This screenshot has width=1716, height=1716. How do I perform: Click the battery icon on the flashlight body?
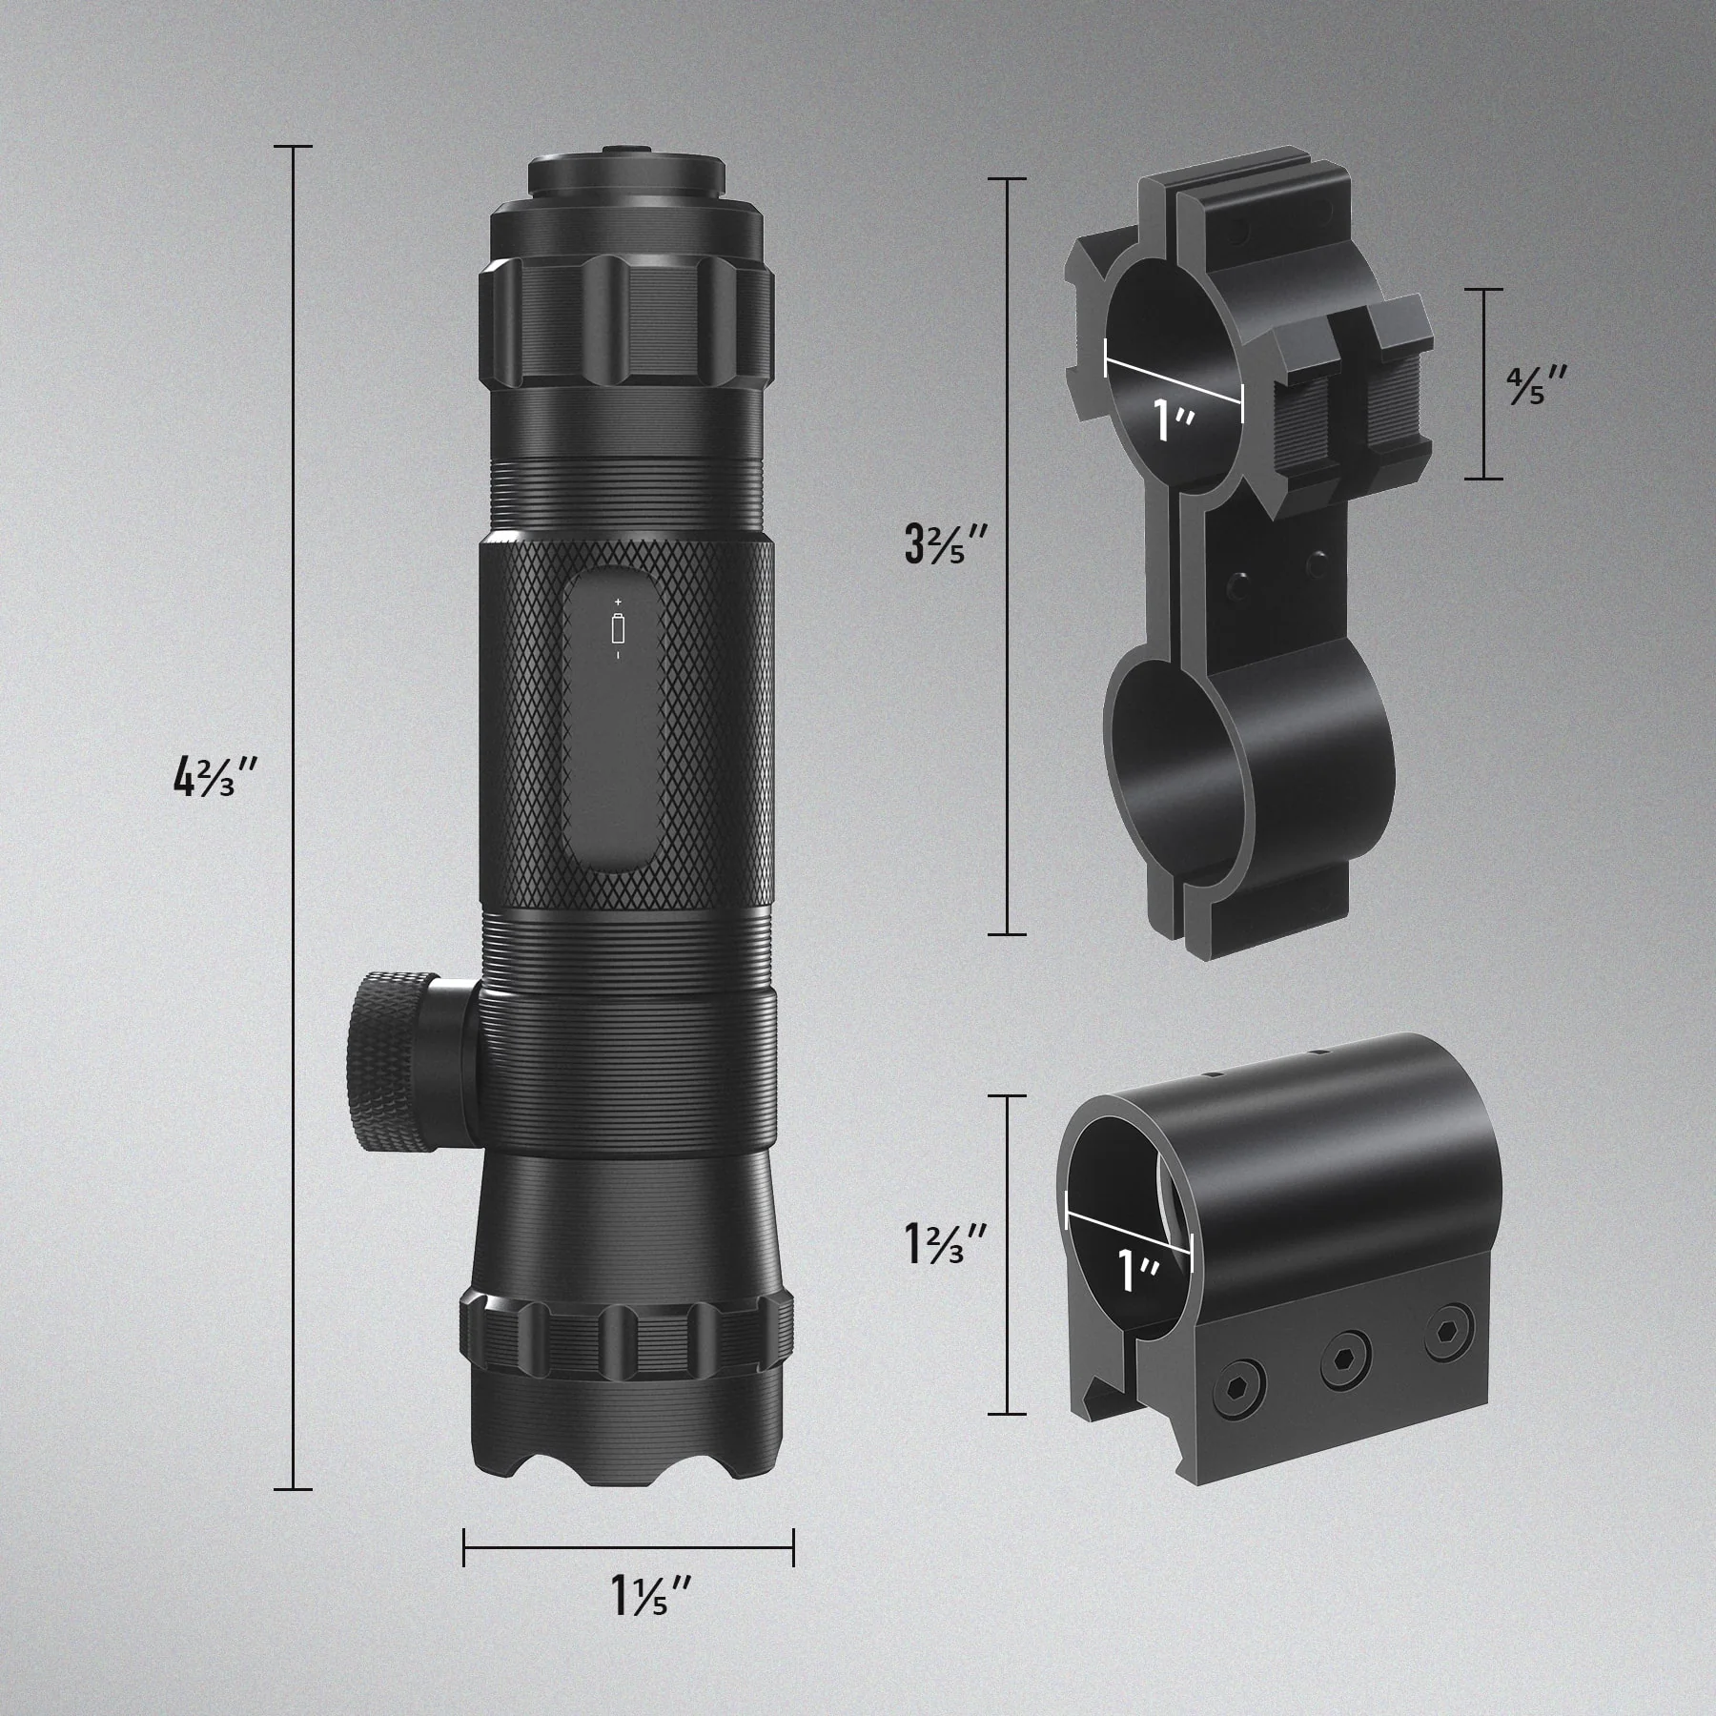coord(618,629)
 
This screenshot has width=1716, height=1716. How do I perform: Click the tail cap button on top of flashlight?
coord(624,150)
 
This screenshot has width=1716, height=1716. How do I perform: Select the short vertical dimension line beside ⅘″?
coord(1484,383)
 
